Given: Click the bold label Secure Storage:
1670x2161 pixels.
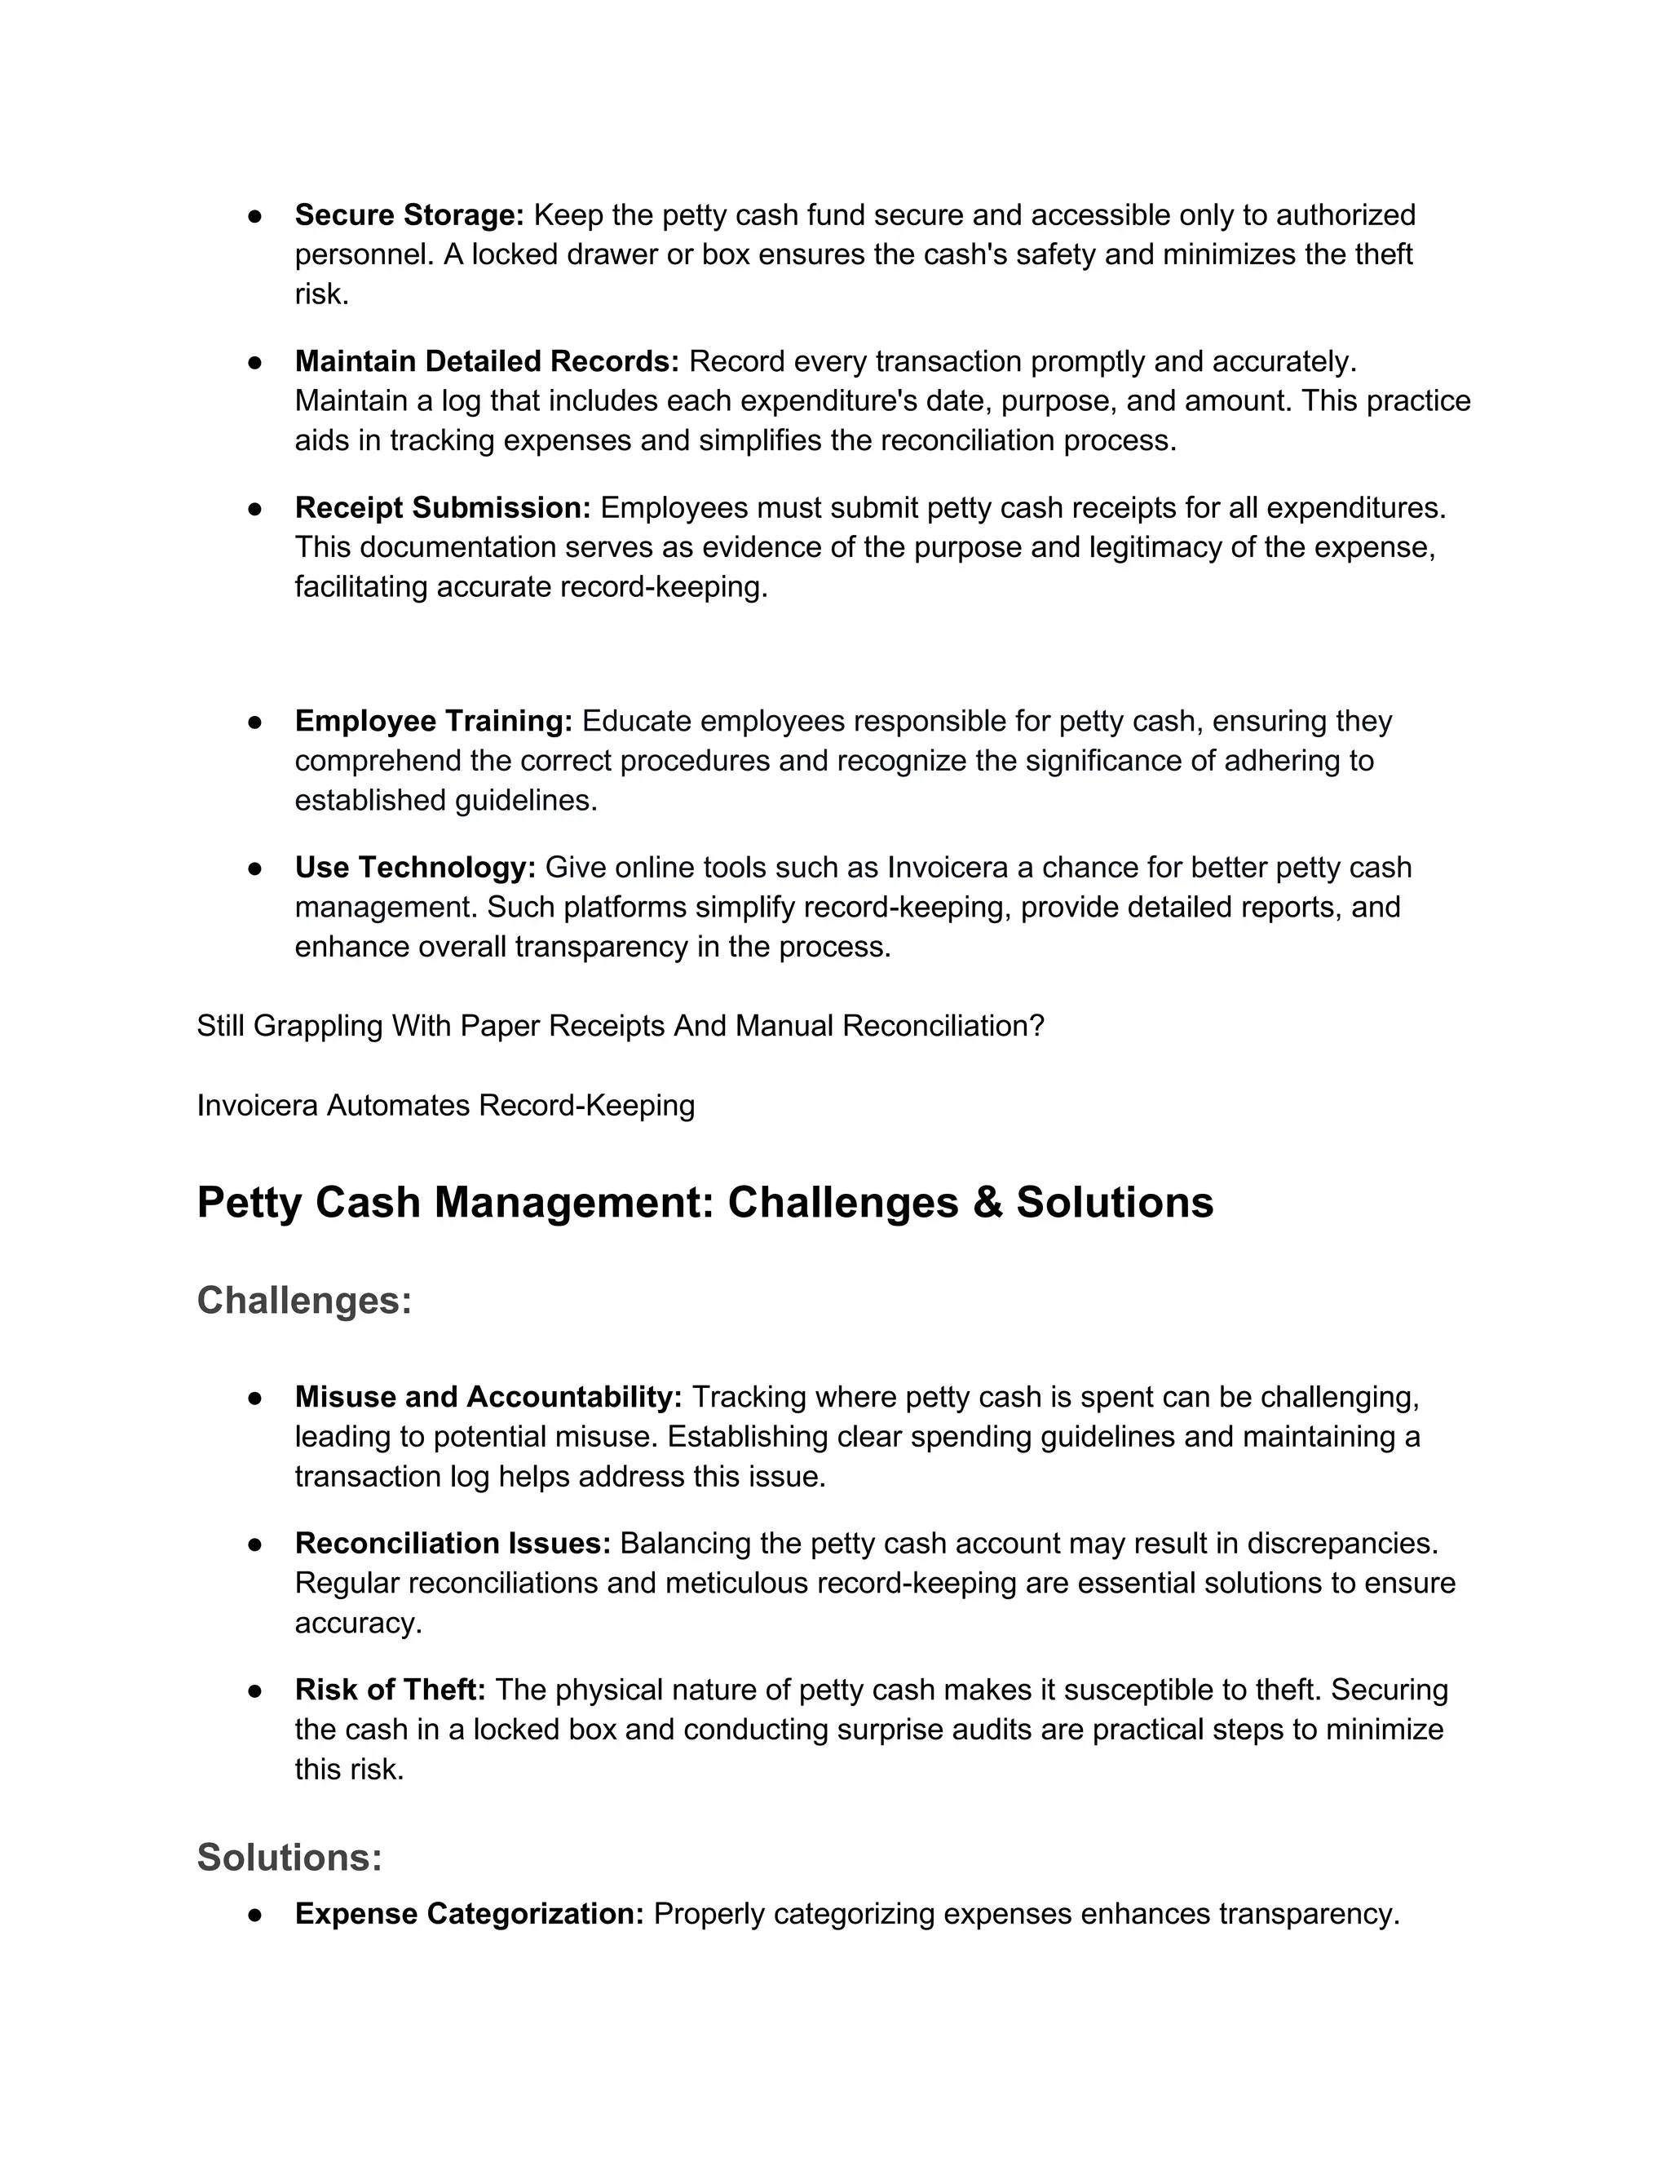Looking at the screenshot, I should [409, 214].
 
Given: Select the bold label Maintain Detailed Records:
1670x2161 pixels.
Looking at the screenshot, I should [487, 361].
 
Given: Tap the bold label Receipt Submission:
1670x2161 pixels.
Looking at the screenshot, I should [442, 507].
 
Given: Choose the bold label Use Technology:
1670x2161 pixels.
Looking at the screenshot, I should [414, 867].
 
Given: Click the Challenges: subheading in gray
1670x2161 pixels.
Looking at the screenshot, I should [303, 1300].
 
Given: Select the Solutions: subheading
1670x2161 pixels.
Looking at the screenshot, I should [289, 1857].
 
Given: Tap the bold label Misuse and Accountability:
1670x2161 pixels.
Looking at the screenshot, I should [488, 1397].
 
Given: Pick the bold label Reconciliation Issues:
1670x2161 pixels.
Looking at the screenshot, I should [452, 1544].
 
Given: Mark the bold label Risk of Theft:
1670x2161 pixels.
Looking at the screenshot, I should [390, 1690].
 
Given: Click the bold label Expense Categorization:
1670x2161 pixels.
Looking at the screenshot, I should [469, 1914].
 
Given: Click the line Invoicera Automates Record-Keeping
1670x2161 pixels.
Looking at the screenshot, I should [445, 1105].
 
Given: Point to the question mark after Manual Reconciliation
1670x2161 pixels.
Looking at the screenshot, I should [1037, 1026].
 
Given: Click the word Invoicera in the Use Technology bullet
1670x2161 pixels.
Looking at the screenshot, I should [947, 867].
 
